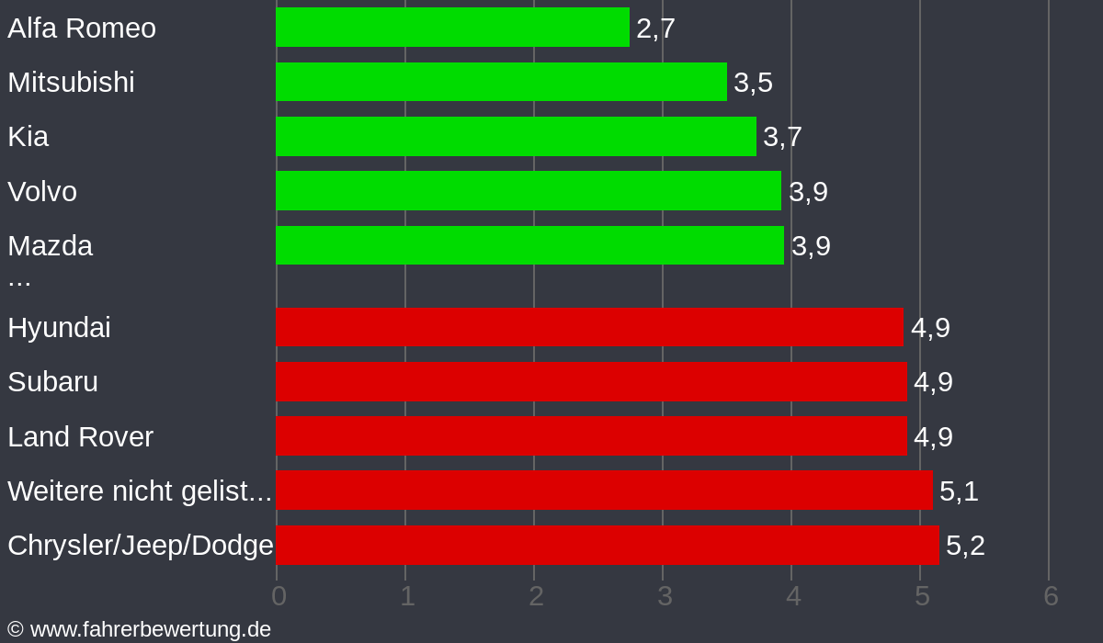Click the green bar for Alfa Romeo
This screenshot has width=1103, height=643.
(452, 28)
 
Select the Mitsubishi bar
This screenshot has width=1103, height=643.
(501, 82)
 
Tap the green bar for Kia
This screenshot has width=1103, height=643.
(516, 136)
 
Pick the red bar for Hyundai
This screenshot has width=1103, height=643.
(589, 327)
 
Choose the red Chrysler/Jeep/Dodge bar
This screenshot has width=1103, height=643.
(607, 545)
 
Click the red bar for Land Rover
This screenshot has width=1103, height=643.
(591, 436)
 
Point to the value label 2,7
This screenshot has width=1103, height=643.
(655, 28)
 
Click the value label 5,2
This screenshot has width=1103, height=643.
(965, 546)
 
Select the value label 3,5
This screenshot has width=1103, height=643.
(753, 83)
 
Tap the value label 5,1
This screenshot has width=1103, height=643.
(959, 491)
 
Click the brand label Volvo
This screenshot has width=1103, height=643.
(42, 191)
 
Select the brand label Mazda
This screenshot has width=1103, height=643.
(50, 245)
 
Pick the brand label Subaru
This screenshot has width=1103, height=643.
(52, 381)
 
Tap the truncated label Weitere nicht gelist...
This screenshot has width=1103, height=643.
(139, 491)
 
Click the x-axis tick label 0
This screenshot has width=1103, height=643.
(279, 596)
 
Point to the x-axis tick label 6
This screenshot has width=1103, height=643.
(1051, 596)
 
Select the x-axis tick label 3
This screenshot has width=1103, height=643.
(665, 596)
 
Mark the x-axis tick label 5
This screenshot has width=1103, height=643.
(922, 596)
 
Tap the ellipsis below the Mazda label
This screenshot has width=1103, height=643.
(19, 278)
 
